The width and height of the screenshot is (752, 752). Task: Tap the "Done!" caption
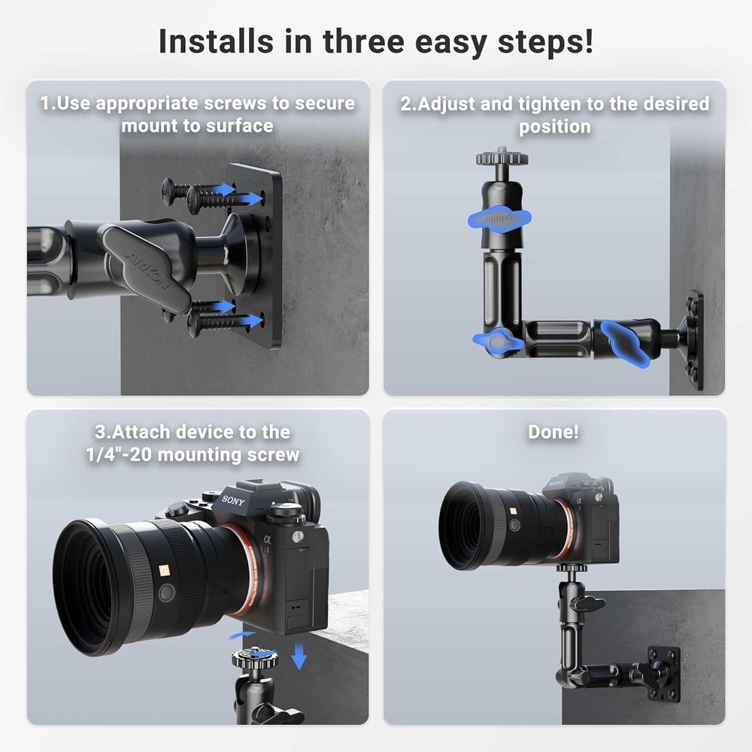click(554, 432)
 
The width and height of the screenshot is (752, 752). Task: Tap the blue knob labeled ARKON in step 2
click(501, 219)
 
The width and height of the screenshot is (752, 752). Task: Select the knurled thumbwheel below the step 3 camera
click(255, 662)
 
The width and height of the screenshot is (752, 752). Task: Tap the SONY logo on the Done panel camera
click(556, 483)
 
